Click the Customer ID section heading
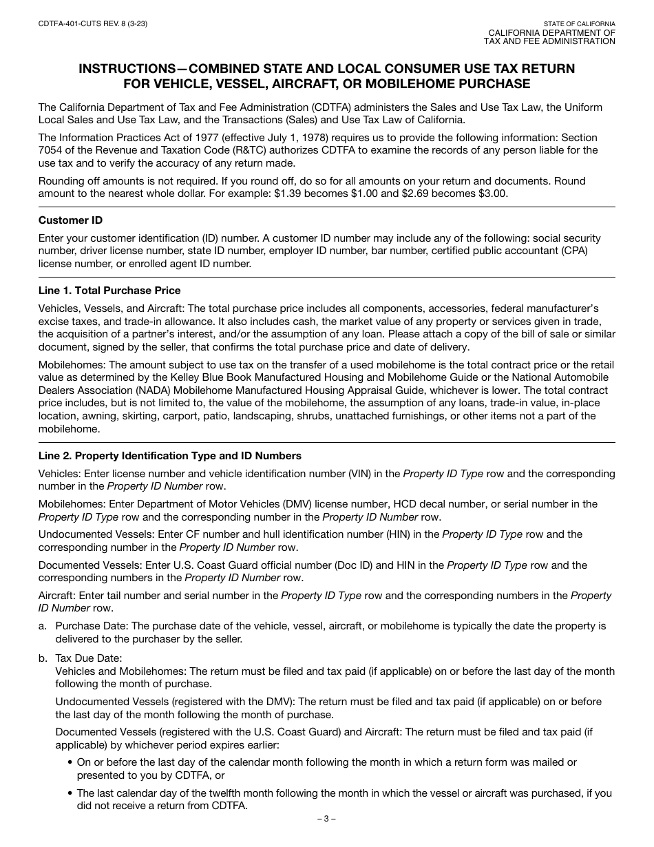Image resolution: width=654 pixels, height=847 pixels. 70,220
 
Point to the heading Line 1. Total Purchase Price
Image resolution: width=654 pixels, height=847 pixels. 109,291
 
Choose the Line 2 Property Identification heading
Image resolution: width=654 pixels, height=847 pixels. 169,456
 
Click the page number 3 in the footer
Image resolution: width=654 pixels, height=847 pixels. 326,819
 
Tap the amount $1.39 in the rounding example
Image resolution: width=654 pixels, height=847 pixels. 288,194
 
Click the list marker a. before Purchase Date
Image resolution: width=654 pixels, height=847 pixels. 43,626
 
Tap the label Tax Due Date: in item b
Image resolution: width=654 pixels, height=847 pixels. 89,658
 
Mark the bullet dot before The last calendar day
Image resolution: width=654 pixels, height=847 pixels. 71,793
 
